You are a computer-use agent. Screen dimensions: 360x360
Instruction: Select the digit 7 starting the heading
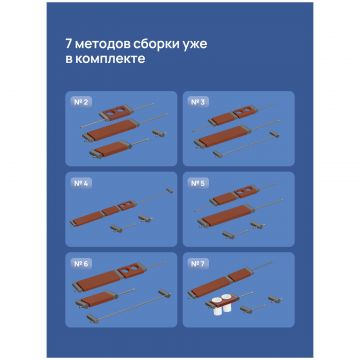(x=68, y=44)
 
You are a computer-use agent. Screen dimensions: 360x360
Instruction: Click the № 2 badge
(x=81, y=102)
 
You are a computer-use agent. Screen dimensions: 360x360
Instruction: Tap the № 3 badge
(x=198, y=102)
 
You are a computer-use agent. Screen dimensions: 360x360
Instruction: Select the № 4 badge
(x=81, y=184)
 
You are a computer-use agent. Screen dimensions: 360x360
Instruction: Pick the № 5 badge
(x=198, y=184)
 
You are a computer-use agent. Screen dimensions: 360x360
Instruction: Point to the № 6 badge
(x=81, y=264)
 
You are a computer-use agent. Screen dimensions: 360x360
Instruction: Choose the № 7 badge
(x=198, y=264)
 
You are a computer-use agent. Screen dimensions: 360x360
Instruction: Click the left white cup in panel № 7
(x=217, y=306)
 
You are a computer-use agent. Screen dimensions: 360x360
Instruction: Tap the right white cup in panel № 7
(x=227, y=303)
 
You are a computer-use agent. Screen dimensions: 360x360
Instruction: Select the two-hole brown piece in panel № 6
(x=131, y=270)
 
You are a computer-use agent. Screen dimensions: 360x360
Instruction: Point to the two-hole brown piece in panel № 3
(x=245, y=112)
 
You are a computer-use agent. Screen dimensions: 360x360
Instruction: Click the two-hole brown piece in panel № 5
(x=247, y=192)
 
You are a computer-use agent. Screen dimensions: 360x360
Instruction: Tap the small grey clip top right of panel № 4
(x=170, y=190)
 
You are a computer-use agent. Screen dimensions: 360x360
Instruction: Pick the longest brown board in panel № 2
(x=110, y=130)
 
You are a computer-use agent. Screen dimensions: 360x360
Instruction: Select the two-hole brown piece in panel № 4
(x=127, y=205)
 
